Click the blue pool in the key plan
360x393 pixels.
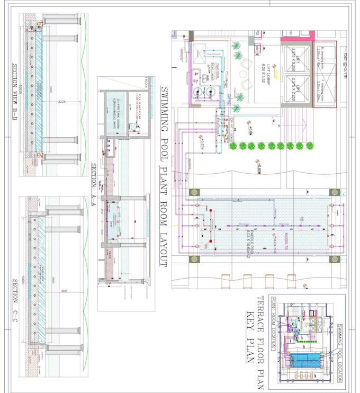click(x=304, y=360)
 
